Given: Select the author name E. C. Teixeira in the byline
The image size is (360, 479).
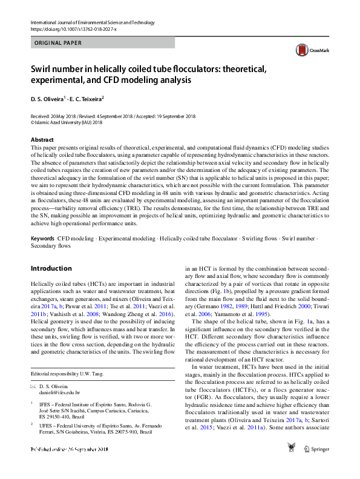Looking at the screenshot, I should point(87,98).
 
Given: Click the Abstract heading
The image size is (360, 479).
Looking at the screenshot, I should point(42,139).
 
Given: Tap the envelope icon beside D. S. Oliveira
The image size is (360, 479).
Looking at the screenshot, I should point(33,386).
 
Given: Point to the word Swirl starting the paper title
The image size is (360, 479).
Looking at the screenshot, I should point(47,69).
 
